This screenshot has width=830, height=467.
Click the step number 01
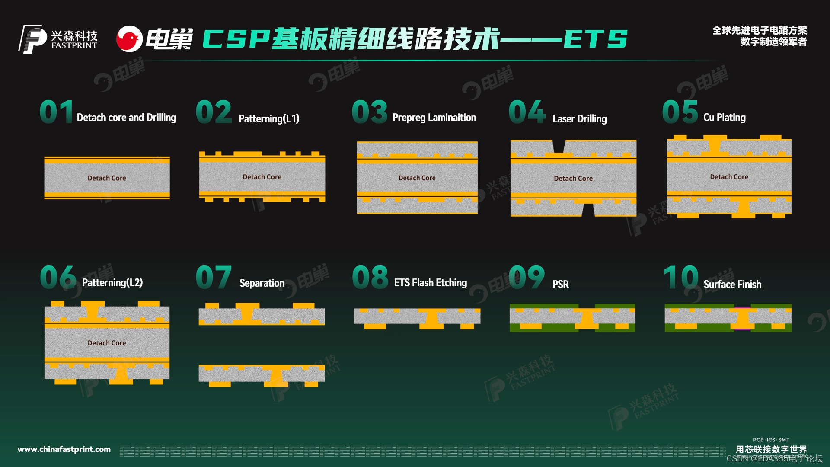[x=56, y=112]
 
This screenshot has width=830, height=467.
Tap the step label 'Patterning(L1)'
[x=269, y=118]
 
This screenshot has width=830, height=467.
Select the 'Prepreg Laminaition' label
[x=434, y=118]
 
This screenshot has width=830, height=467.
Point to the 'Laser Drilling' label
[x=579, y=118]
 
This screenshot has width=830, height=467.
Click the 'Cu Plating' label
[x=724, y=118]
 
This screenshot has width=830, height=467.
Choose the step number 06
[x=58, y=277]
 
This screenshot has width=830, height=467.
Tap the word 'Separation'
[x=262, y=283]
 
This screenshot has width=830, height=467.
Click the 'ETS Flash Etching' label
[x=430, y=283]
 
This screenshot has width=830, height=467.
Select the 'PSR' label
[x=560, y=284]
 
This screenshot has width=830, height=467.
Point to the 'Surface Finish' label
[x=732, y=284]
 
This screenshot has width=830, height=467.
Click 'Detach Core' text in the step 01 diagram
[x=107, y=178]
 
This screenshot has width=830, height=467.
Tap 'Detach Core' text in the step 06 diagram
[x=107, y=343]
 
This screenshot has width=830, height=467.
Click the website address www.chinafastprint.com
[x=64, y=449]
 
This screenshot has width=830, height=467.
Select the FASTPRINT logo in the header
[x=58, y=39]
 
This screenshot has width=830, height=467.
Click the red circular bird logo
[x=129, y=39]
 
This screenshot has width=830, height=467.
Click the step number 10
[x=680, y=277]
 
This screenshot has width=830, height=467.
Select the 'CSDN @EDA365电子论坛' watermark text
[x=774, y=459]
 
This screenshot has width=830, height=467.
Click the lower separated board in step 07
[x=262, y=374]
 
